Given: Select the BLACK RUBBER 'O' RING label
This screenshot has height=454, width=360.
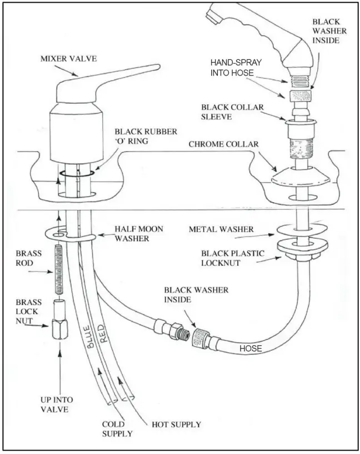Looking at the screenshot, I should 143,137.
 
